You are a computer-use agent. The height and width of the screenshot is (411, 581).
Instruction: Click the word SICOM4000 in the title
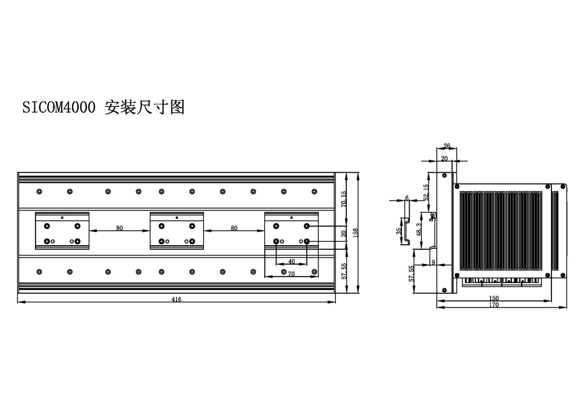pos(59,108)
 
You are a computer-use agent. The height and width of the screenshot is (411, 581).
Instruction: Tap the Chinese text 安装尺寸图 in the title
pos(145,107)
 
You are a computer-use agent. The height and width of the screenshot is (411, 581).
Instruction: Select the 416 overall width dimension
pos(177,299)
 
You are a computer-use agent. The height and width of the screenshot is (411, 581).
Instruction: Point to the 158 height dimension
pos(356,233)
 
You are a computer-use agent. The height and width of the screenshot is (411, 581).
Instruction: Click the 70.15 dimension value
pos(343,199)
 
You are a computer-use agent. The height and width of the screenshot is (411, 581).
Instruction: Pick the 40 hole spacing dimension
pos(292,261)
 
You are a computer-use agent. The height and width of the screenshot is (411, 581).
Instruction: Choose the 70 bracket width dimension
pos(292,274)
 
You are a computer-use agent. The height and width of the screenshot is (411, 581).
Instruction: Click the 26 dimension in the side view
pos(447,146)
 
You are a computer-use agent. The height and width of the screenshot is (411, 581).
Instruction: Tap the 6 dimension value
pos(407,198)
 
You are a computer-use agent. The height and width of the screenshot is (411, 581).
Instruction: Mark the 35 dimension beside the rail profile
pos(399,231)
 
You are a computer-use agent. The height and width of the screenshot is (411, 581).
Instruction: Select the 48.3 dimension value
pos(419,230)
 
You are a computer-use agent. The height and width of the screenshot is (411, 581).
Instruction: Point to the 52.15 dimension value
pos(426,192)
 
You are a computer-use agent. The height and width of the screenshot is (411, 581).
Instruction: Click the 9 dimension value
pos(433,262)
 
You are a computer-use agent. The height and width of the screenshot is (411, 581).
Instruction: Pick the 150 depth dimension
pos(494,298)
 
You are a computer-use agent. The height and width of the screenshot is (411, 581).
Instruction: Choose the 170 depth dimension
pos(494,305)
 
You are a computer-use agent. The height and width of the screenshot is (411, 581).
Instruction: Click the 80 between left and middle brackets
pos(119,228)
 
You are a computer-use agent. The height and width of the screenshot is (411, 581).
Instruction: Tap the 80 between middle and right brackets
pos(234,228)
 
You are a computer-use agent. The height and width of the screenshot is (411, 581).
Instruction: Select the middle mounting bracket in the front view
pos(177,231)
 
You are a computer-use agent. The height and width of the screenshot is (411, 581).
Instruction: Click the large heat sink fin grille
pos(501,231)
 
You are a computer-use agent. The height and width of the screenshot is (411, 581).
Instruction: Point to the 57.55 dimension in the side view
pos(411,273)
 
